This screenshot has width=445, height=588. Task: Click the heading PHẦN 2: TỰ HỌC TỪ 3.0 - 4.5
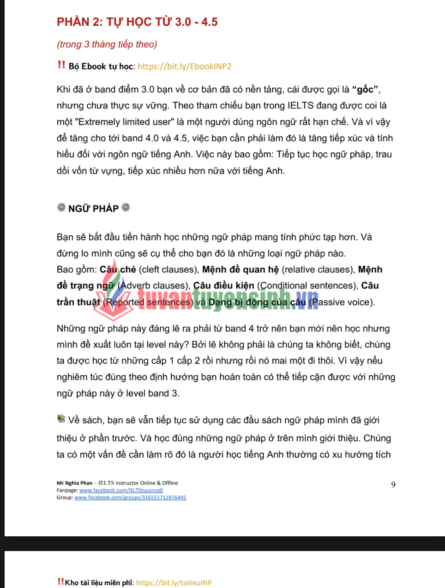137,22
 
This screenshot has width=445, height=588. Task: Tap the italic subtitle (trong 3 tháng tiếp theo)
107,44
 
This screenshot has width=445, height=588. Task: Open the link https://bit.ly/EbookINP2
184,66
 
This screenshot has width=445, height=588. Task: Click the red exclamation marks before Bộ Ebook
61,65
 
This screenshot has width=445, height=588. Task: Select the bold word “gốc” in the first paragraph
365,89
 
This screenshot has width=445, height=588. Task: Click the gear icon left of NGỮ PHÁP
61,207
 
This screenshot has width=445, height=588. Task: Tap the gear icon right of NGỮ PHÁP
126,207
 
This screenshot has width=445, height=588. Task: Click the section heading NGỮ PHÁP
93,209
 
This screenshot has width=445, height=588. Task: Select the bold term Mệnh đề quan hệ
241,270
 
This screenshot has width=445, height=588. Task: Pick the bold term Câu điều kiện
223,286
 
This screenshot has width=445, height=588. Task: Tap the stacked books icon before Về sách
61,419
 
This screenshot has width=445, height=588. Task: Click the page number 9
393,485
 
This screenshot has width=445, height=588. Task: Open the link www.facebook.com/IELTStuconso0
121,490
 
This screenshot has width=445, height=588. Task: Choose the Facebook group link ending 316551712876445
130,498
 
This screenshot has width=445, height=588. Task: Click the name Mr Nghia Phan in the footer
74,483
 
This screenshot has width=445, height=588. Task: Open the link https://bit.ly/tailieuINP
174,582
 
